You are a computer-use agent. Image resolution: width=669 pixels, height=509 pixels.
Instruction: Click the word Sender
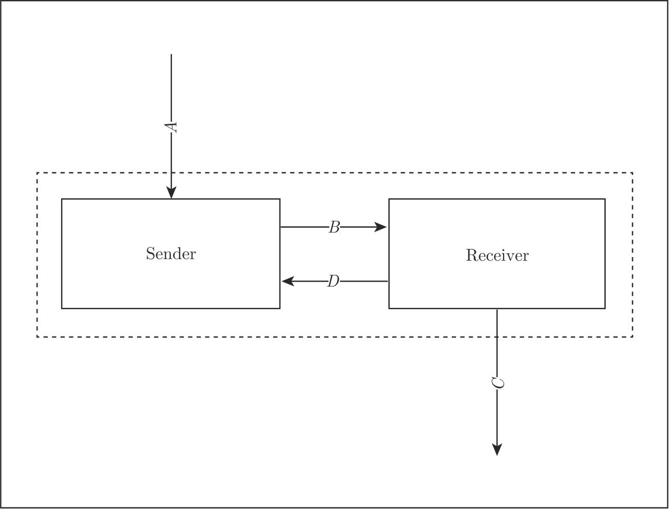170,254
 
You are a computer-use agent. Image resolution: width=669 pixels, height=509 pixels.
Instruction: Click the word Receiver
497,256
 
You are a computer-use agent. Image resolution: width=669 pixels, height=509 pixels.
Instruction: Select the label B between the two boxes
334,227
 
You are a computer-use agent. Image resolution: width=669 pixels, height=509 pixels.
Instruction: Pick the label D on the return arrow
333,281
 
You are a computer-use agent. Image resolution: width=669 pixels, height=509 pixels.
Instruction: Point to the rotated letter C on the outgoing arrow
498,383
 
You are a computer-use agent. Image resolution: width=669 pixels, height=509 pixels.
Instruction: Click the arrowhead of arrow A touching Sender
171,192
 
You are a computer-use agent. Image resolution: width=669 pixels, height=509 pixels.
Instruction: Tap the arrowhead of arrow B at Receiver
381,227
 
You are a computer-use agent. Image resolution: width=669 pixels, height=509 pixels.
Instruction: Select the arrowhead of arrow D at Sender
288,281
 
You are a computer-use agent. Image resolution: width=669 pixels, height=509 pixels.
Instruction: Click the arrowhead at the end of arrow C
497,449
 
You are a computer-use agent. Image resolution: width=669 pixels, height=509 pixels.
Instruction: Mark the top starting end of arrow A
171,54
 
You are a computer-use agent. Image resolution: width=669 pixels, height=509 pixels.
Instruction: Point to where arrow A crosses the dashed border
171,173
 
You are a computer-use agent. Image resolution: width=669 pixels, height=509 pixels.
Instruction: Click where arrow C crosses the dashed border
497,337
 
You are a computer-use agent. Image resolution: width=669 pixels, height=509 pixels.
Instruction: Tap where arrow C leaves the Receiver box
497,309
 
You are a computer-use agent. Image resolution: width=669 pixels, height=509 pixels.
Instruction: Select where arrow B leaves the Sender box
280,227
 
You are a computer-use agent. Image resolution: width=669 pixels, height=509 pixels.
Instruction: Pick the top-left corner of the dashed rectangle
37,173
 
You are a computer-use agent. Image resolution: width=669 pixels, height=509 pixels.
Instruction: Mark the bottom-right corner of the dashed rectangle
633,337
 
